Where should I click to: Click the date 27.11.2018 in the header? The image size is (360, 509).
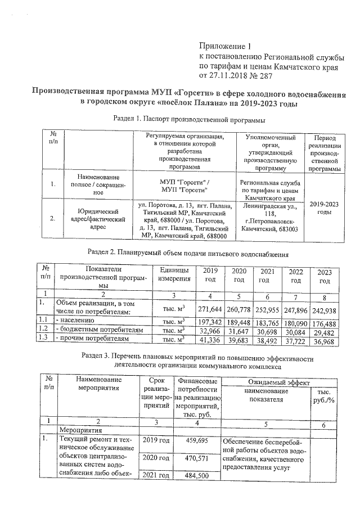[228, 75]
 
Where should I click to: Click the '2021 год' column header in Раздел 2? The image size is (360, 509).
[267, 276]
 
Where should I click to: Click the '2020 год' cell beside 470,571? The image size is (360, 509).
[156, 458]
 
